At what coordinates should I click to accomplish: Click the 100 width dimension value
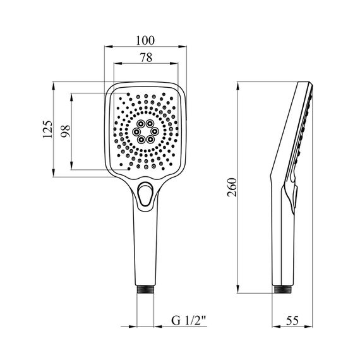pyautogui.click(x=145, y=40)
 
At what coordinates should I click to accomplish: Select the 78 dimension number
pyautogui.click(x=147, y=57)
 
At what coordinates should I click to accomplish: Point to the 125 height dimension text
pyautogui.click(x=48, y=129)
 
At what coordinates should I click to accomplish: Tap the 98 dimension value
pyautogui.click(x=66, y=131)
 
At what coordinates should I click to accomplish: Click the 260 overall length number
pyautogui.click(x=232, y=188)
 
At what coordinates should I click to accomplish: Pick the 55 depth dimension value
pyautogui.click(x=292, y=321)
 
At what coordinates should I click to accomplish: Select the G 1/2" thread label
pyautogui.click(x=189, y=321)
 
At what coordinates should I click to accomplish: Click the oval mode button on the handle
pyautogui.click(x=145, y=195)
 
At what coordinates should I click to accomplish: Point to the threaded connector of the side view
pyautogui.click(x=283, y=289)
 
